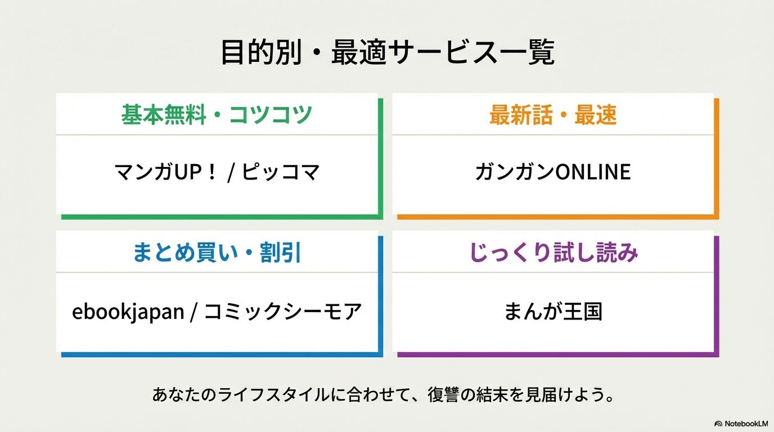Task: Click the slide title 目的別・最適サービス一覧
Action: (x=387, y=53)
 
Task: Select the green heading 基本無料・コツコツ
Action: (x=217, y=115)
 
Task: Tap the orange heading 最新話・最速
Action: (x=553, y=115)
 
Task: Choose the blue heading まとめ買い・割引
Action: (x=217, y=253)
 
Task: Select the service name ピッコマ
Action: (x=281, y=172)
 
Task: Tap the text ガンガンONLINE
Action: (x=553, y=172)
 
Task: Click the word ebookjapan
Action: (x=128, y=311)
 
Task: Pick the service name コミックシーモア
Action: (x=282, y=311)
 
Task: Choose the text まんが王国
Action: (x=553, y=311)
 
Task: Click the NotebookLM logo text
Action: (x=745, y=423)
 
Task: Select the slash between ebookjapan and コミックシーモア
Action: (x=193, y=311)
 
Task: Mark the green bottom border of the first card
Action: (x=219, y=217)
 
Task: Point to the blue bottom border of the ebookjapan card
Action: (x=219, y=354)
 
